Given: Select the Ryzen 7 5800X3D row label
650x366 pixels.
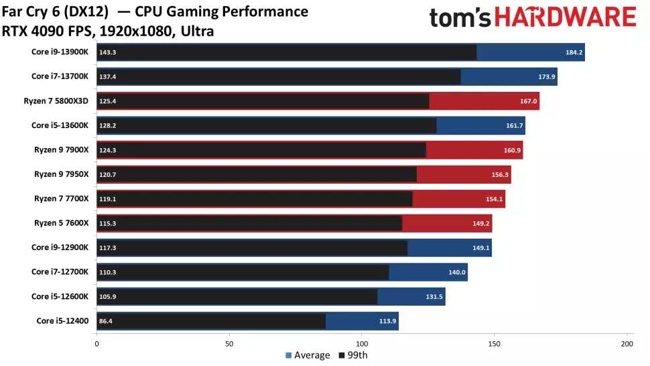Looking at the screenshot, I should pos(60,101).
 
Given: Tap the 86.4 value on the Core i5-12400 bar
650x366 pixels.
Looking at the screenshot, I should pos(106,321).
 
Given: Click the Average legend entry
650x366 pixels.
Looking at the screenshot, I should pos(308,355).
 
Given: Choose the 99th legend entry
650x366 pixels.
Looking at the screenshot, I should pos(353,355).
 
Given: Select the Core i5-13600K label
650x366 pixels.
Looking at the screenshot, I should pos(60,125).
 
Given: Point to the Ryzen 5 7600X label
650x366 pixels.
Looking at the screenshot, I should pos(61,223).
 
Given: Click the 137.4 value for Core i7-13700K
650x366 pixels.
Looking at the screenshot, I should pos(108,76).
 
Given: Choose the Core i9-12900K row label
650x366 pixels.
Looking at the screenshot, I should pos(60,247).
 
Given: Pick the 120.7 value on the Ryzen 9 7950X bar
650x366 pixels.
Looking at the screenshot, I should pos(108,174).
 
